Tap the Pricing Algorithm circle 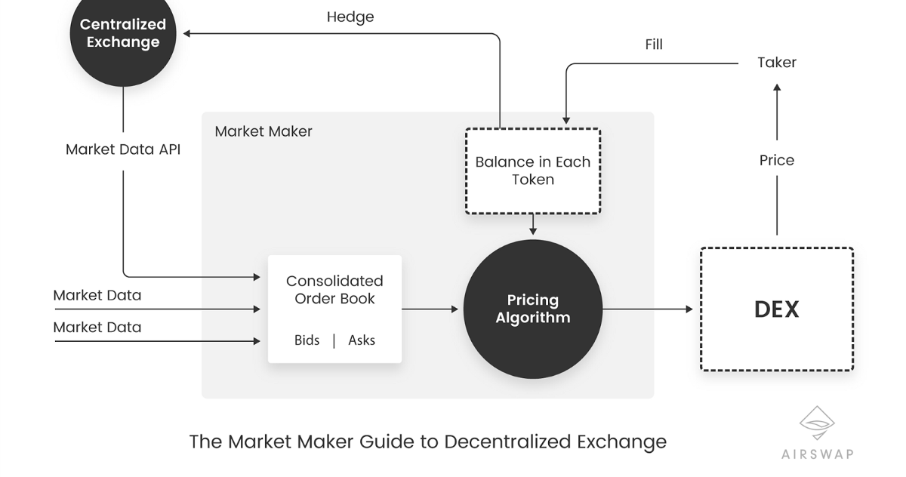[533, 309]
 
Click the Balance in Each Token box [533, 171]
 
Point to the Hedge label [350, 17]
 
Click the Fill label [654, 45]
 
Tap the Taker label [777, 63]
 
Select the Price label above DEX [777, 161]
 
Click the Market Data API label [123, 149]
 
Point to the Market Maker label [263, 131]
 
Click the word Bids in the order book [307, 340]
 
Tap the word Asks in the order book [362, 340]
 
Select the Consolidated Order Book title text [334, 290]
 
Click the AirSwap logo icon [817, 423]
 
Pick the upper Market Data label [97, 296]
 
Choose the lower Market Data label [97, 328]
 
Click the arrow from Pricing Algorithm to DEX [648, 309]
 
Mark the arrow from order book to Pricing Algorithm [430, 309]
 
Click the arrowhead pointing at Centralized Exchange [186, 33]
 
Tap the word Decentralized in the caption [507, 442]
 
